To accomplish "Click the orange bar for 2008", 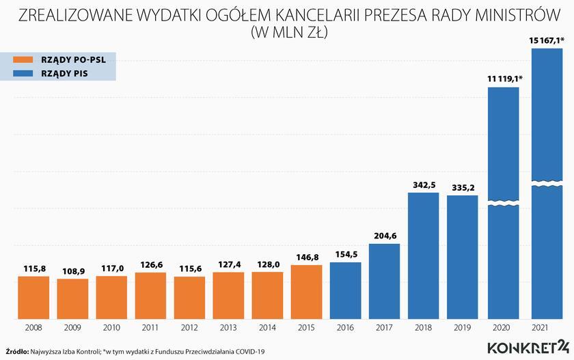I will click(33, 297).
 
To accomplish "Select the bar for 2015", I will click(306, 292).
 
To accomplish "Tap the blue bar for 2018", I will click(423, 255).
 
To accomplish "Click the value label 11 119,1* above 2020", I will click(505, 79).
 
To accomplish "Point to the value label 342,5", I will click(423, 185).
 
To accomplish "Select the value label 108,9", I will click(72, 271).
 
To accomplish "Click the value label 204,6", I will click(384, 236).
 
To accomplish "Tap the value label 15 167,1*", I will click(546, 41).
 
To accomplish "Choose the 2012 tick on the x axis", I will click(189, 328).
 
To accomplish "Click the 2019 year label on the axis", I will click(462, 328).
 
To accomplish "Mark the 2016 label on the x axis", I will click(345, 328).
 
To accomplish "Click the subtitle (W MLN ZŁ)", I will click(287, 31).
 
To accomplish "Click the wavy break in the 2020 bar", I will click(504, 204).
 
